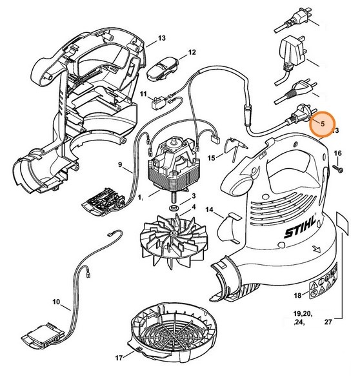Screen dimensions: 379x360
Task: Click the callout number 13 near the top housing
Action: click(161, 38)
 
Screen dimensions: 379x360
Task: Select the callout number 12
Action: click(192, 52)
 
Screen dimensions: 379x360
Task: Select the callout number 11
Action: click(145, 94)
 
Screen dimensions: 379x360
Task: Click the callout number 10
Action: click(56, 301)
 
